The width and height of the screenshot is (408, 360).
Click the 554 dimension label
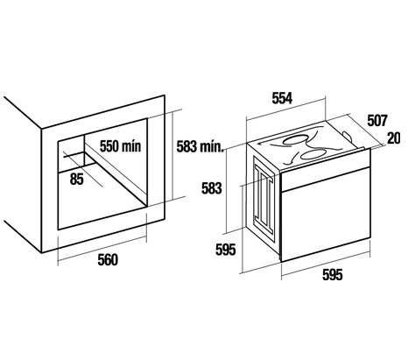(282, 98)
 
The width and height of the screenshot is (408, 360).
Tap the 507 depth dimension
(377, 121)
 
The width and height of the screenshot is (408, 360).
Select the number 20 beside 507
(394, 138)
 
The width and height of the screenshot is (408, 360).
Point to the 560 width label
(108, 260)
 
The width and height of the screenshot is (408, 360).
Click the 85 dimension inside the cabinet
(77, 179)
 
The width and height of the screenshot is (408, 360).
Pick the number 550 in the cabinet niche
(110, 146)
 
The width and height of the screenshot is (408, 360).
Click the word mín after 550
(132, 146)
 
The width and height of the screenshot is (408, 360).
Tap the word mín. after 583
(212, 146)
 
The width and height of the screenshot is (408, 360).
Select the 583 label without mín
(212, 188)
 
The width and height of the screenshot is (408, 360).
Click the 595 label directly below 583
(225, 250)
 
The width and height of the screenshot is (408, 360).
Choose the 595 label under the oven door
(333, 275)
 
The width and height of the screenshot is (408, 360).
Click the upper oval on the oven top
(297, 140)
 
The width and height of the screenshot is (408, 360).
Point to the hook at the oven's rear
(348, 136)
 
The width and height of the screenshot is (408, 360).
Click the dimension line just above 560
(102, 248)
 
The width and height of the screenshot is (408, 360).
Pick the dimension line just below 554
(285, 109)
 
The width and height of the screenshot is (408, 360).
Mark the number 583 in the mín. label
(187, 146)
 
